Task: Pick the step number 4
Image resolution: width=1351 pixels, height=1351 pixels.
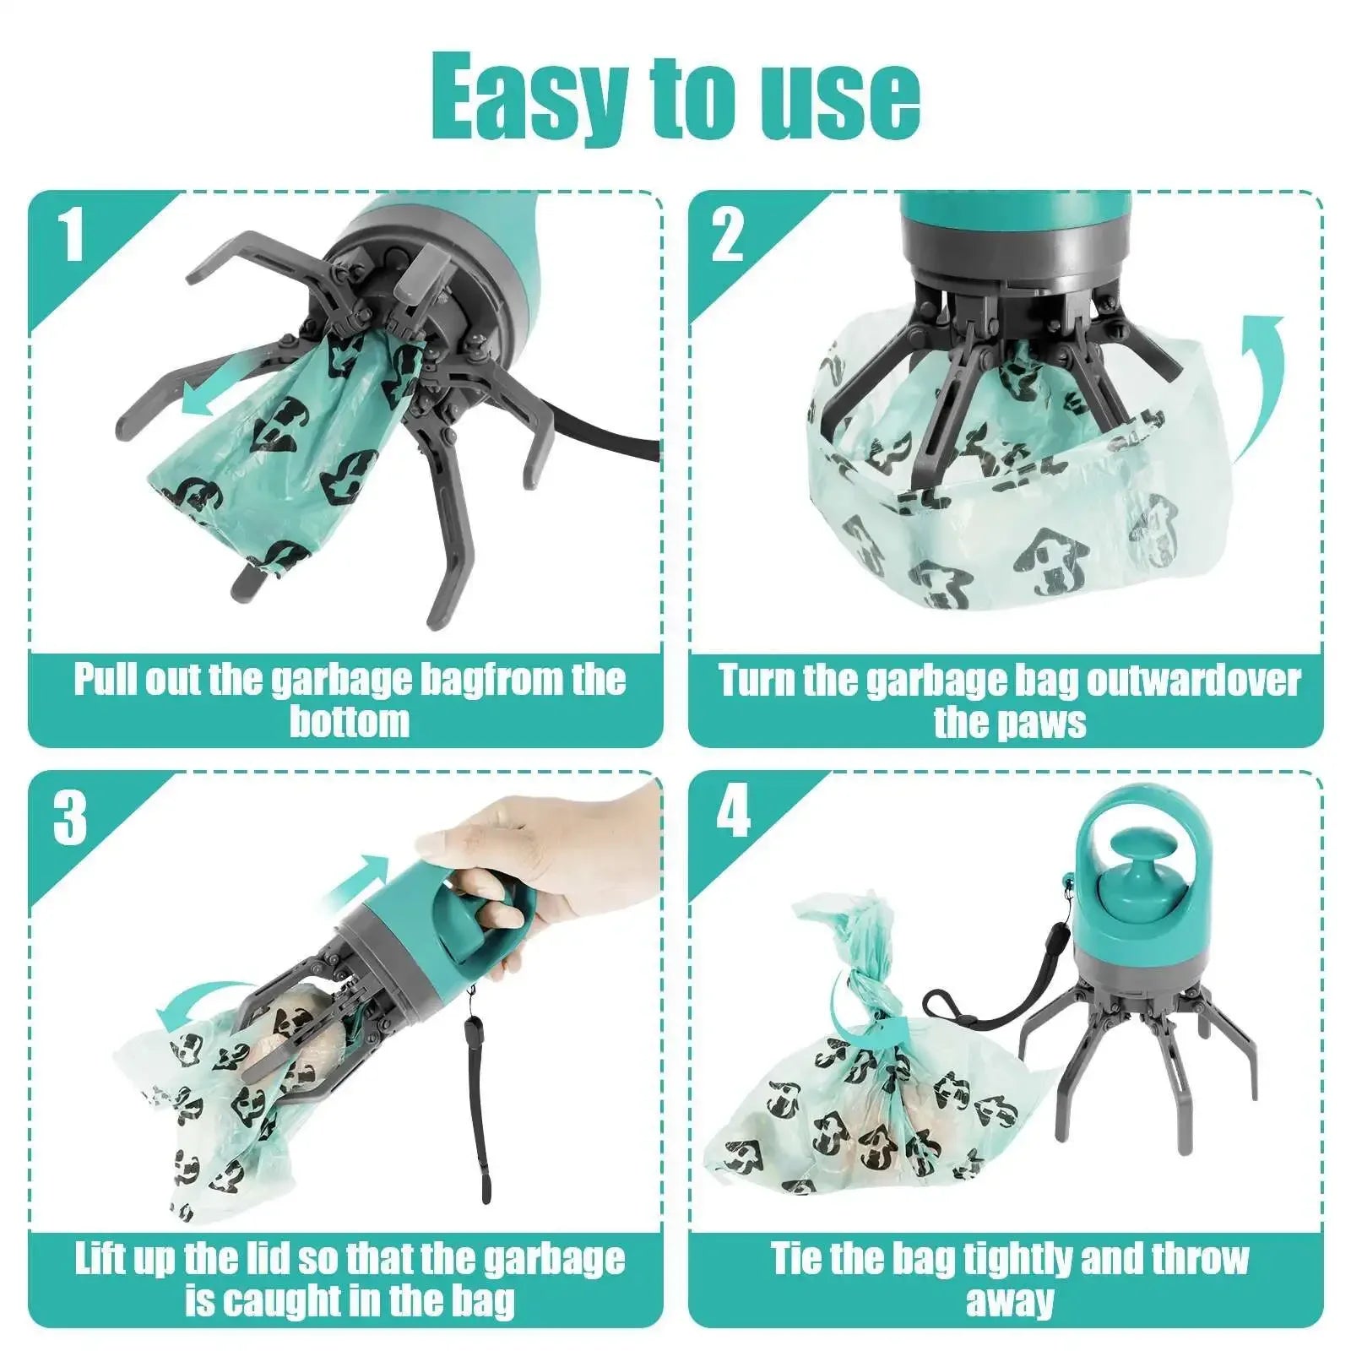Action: [x=732, y=812]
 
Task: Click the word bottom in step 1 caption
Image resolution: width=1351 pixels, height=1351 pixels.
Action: [x=349, y=721]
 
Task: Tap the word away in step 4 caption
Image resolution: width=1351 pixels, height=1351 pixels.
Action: [x=1010, y=1300]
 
